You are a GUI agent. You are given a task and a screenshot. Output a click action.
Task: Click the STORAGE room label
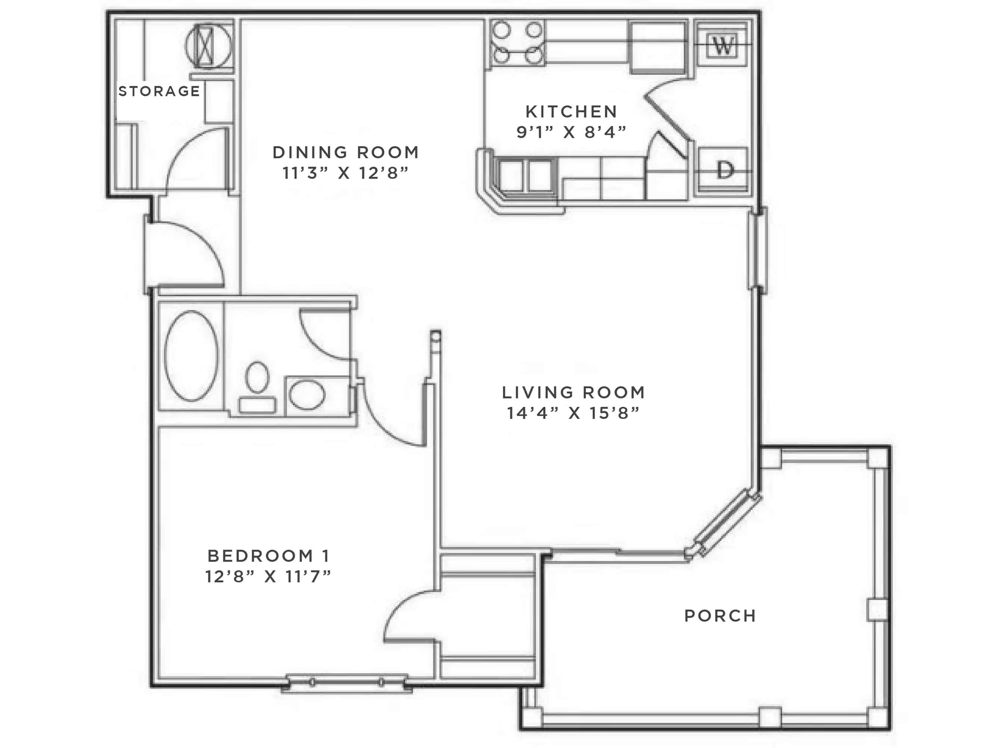tap(159, 91)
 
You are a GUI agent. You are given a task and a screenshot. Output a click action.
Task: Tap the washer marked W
tap(723, 45)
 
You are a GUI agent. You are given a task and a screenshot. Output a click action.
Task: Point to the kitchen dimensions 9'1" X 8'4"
tap(571, 132)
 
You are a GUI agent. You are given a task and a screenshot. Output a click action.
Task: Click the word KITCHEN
tap(571, 111)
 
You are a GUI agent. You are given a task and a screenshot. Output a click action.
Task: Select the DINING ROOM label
tap(346, 153)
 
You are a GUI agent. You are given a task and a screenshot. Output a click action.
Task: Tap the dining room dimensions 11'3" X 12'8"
tap(346, 173)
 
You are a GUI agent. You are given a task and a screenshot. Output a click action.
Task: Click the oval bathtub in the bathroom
tap(191, 356)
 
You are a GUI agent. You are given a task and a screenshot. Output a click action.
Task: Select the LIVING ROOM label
tap(573, 392)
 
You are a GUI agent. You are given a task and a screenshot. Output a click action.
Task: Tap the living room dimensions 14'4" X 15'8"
tap(573, 413)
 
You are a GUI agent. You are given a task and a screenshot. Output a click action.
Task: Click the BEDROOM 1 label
tap(269, 556)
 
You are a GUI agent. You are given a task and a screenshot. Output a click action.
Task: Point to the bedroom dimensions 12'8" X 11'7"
tap(269, 577)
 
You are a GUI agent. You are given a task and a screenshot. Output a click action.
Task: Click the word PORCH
tap(720, 616)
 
